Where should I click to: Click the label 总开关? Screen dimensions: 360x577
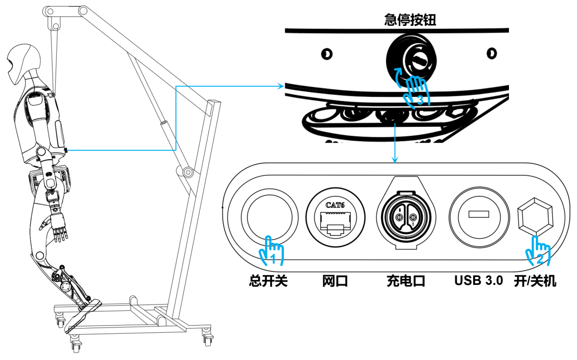(268, 281)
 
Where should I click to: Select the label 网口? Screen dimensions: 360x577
(335, 281)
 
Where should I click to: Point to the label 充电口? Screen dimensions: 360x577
(406, 281)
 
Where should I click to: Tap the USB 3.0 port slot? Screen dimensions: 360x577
(479, 215)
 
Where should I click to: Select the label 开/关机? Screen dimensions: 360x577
(535, 281)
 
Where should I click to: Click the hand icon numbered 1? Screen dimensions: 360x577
(271, 251)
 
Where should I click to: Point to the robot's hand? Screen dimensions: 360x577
(59, 229)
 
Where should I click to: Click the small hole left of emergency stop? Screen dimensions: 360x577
(326, 53)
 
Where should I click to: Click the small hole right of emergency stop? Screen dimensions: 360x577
(491, 53)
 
